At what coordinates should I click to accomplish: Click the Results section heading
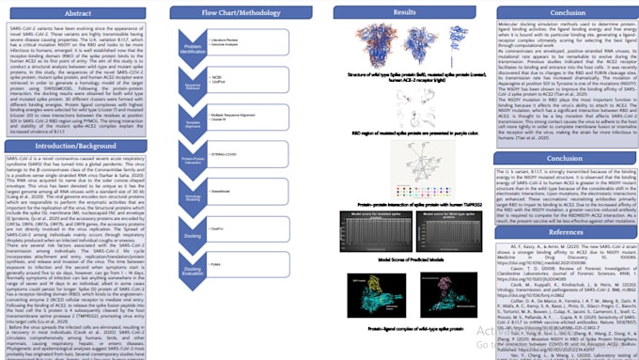point(404,12)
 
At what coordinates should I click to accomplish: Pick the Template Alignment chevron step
point(192,122)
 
